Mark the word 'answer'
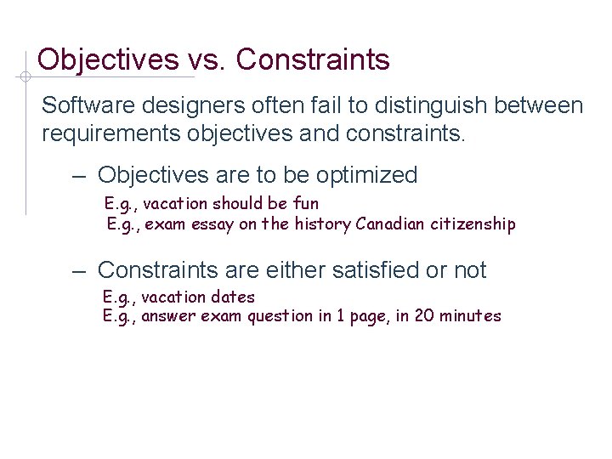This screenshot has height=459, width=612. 167,317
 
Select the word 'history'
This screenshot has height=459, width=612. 322,224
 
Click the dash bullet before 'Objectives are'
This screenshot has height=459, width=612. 78,176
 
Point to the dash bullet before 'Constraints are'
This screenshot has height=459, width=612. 78,271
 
